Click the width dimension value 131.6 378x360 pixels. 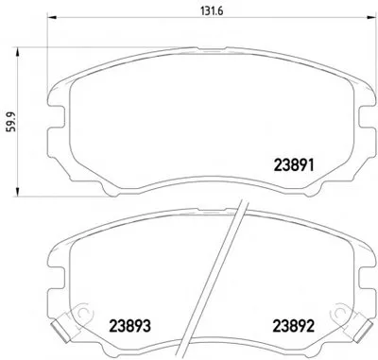tap(212, 11)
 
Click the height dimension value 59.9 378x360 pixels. tap(12, 122)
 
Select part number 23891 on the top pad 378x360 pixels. tap(294, 164)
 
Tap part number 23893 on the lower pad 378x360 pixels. tap(129, 326)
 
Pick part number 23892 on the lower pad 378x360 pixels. tap(294, 326)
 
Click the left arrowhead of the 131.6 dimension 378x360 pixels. tap(51, 16)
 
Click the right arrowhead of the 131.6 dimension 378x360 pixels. tap(372, 16)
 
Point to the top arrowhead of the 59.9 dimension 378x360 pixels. tap(17, 52)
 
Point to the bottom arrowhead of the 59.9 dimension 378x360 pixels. tap(17, 192)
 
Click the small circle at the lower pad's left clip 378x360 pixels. tap(83, 312)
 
